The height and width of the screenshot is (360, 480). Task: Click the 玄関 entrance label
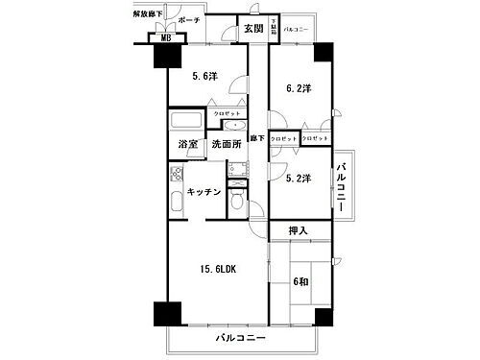(252, 28)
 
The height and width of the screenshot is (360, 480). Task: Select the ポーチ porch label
(188, 18)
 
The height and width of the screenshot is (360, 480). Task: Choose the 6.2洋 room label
(299, 89)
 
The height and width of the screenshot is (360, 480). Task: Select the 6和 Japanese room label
(300, 281)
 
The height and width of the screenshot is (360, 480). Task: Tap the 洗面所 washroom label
(225, 145)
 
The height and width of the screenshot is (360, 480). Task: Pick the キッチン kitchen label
(204, 192)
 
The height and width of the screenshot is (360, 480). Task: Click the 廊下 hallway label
(256, 139)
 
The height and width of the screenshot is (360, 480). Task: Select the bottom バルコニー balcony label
(240, 339)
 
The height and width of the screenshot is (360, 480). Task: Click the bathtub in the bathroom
(184, 121)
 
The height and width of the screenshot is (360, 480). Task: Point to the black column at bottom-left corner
(166, 316)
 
